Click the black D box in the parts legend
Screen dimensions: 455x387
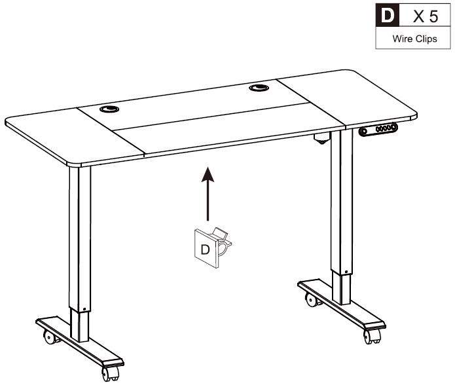pos(388,15)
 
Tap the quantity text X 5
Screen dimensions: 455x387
pos(426,16)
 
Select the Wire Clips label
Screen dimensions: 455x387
pos(414,39)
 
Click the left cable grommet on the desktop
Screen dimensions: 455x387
pos(109,109)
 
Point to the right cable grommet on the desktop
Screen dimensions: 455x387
pos(259,87)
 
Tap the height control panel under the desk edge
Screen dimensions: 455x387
pos(378,129)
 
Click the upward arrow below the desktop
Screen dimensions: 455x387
pos(208,194)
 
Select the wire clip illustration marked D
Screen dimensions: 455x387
pos(213,248)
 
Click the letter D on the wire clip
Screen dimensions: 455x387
pos(205,249)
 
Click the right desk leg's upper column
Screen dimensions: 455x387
pos(342,201)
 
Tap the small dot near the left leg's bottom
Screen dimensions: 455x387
pos(84,309)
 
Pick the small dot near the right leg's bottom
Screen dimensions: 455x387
pos(346,272)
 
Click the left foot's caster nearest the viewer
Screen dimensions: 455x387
pos(111,374)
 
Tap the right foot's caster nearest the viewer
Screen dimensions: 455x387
pos(372,337)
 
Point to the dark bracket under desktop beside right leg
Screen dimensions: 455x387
pos(321,138)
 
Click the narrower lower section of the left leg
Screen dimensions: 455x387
pos(79,325)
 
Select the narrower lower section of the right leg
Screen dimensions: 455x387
pos(341,288)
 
